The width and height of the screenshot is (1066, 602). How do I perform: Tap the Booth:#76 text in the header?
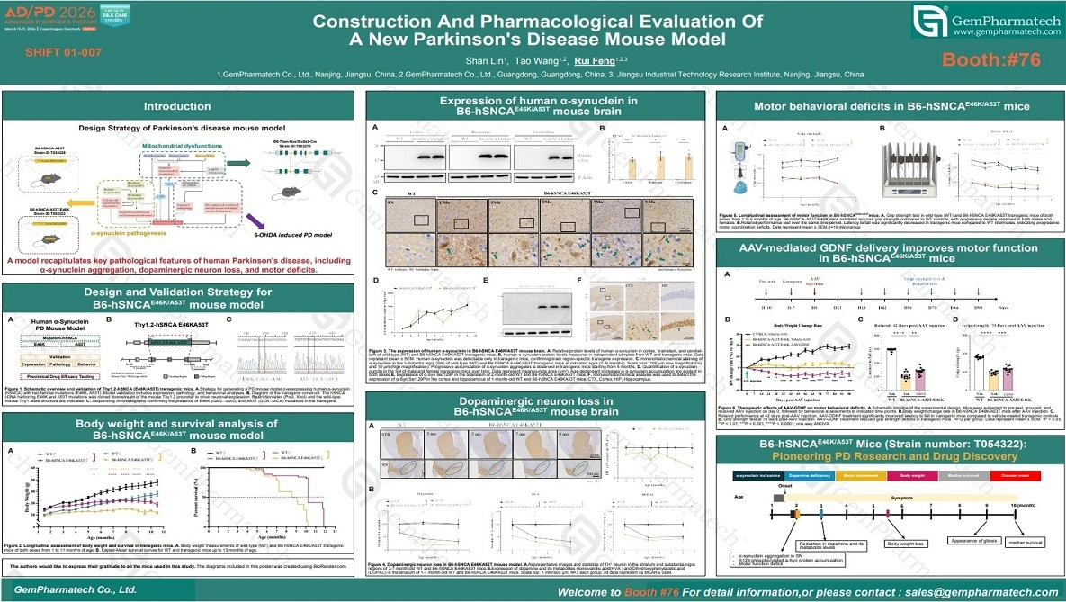(990, 59)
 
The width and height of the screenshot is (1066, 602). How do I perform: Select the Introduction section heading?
(178, 107)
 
